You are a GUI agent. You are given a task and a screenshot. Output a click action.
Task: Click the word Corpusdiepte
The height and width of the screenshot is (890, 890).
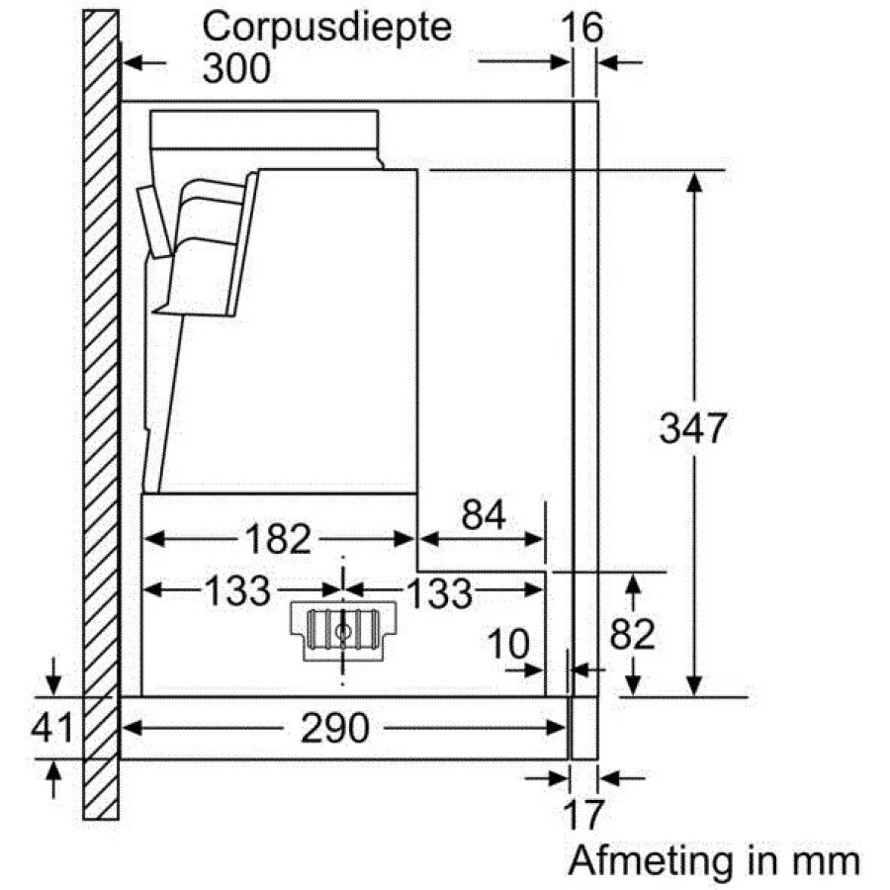[327, 29]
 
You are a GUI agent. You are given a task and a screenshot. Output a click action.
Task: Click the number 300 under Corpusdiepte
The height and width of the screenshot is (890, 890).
[236, 69]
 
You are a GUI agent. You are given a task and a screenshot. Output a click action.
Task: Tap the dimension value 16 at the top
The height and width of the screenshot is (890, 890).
[581, 28]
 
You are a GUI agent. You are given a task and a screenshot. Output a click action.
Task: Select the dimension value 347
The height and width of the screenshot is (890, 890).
[692, 428]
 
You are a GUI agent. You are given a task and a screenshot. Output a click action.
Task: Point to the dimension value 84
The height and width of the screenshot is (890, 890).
[483, 515]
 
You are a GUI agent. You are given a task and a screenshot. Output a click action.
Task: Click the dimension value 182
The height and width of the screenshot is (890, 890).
[278, 539]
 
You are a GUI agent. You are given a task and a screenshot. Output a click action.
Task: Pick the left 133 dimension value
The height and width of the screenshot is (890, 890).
[236, 591]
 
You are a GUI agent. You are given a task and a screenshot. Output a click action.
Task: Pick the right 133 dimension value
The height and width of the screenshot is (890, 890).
[440, 593]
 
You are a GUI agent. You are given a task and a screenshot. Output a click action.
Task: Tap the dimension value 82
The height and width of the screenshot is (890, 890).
[632, 634]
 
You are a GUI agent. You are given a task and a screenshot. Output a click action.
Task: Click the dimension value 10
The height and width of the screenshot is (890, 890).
[508, 644]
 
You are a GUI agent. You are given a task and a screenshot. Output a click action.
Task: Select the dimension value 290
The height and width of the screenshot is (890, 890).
[335, 728]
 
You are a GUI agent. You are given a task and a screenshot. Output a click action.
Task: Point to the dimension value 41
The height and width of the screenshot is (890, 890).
[51, 728]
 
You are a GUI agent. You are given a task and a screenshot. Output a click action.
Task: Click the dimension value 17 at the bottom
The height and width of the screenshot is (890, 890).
[584, 815]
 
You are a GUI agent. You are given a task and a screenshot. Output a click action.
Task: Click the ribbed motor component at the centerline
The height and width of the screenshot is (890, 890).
[343, 631]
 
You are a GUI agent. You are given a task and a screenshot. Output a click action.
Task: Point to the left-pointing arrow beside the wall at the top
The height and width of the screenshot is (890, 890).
[144, 62]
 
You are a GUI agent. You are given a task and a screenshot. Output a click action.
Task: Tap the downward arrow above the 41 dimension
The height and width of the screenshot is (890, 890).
[52, 676]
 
